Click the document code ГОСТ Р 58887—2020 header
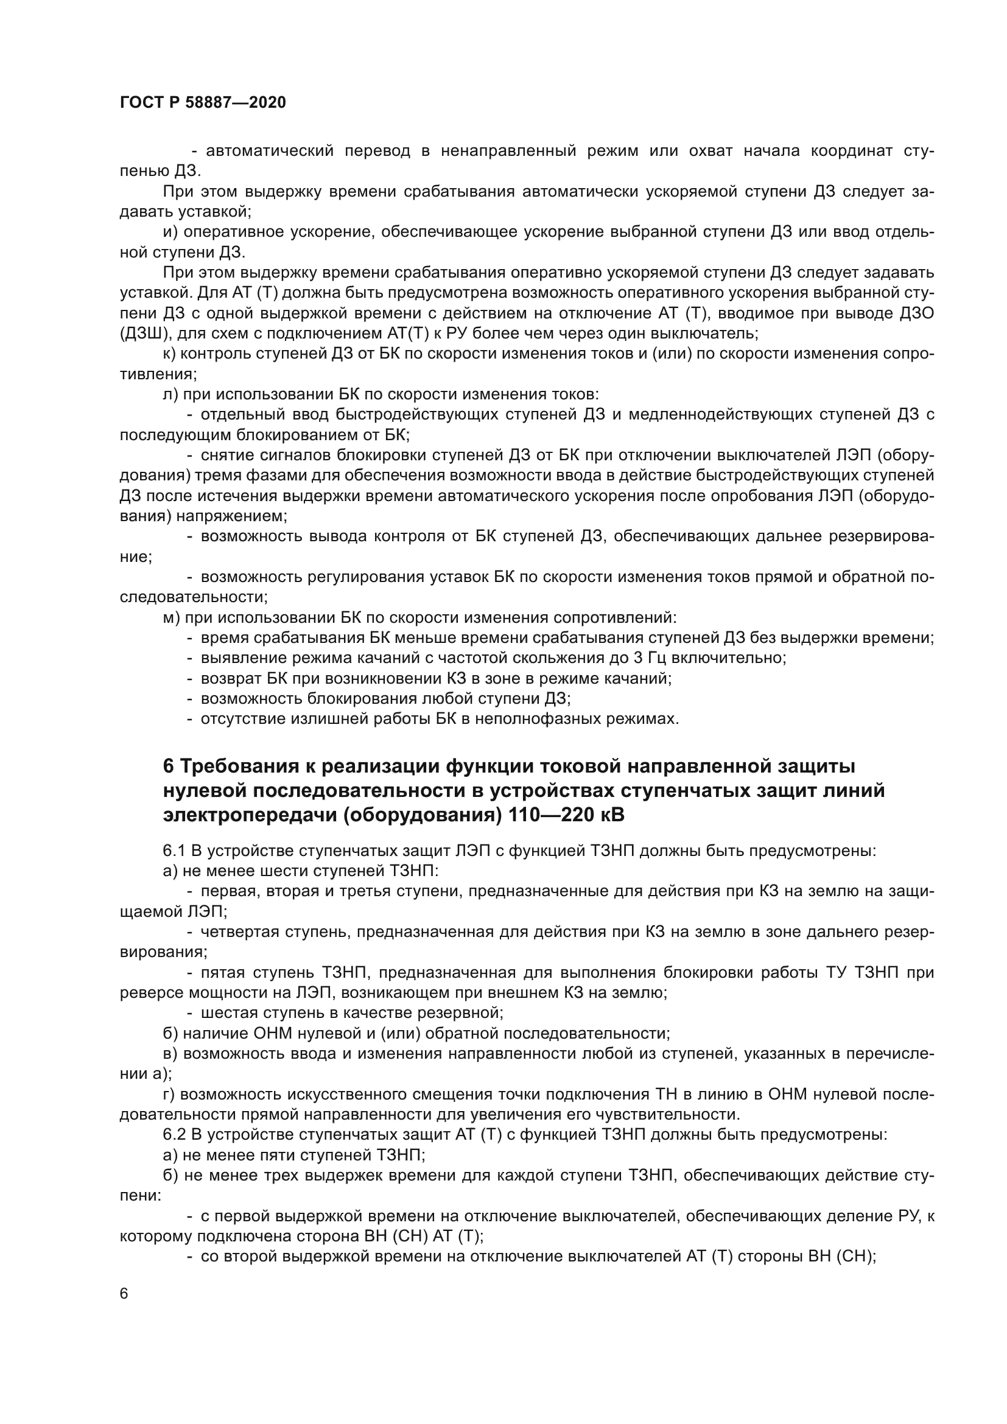(203, 103)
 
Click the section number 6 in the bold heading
(168, 767)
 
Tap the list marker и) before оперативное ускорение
(171, 232)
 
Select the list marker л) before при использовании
(170, 395)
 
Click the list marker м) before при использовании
(171, 618)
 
